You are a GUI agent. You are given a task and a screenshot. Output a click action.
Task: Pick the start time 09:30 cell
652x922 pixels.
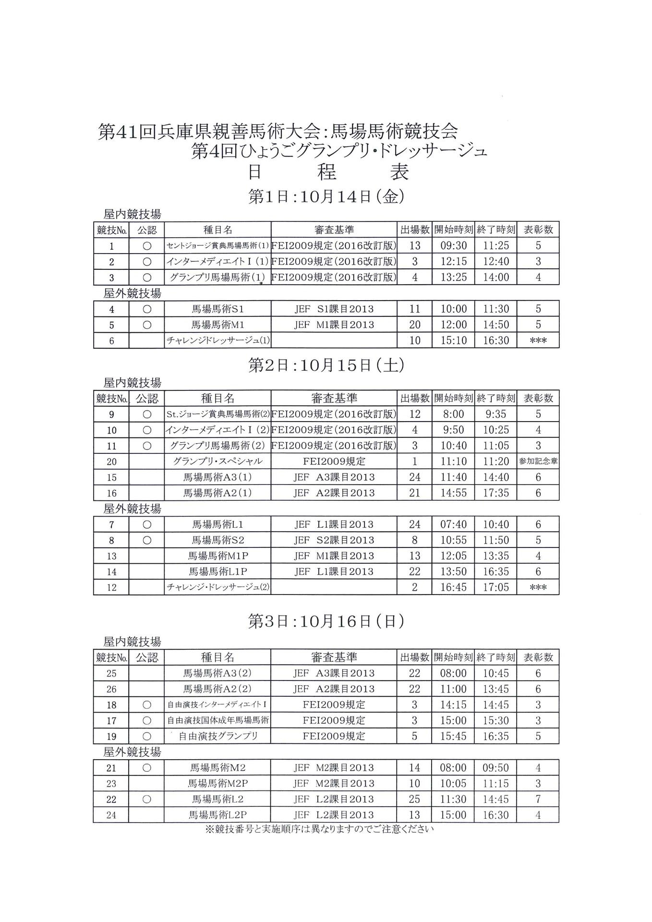pyautogui.click(x=453, y=246)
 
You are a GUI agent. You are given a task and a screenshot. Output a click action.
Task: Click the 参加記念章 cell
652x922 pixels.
pyautogui.click(x=538, y=461)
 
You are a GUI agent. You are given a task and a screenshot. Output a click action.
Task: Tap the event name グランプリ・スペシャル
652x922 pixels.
pyautogui.click(x=217, y=461)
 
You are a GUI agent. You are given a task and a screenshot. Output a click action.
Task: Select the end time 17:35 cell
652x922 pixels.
pyautogui.click(x=496, y=493)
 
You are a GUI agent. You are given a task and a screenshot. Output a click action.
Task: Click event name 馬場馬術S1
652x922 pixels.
pyautogui.click(x=217, y=309)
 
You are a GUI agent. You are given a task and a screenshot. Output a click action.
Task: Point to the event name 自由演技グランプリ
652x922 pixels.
pyautogui.click(x=218, y=736)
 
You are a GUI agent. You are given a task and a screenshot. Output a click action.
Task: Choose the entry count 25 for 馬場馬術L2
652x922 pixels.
pyautogui.click(x=414, y=799)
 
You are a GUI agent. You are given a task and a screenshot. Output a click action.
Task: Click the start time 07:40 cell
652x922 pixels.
pyautogui.click(x=453, y=525)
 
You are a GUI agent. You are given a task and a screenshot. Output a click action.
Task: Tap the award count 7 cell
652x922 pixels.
pyautogui.click(x=538, y=799)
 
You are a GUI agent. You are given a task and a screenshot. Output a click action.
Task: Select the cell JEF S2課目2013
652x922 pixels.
pyautogui.click(x=334, y=540)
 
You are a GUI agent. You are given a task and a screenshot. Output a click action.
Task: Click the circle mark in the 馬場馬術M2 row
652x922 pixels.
pyautogui.click(x=147, y=768)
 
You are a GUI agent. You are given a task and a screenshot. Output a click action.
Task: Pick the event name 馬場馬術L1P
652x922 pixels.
pyautogui.click(x=217, y=572)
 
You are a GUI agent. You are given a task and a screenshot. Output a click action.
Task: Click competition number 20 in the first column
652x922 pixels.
pyautogui.click(x=111, y=461)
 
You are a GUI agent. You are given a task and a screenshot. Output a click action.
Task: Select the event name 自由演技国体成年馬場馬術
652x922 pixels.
pyautogui.click(x=217, y=720)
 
